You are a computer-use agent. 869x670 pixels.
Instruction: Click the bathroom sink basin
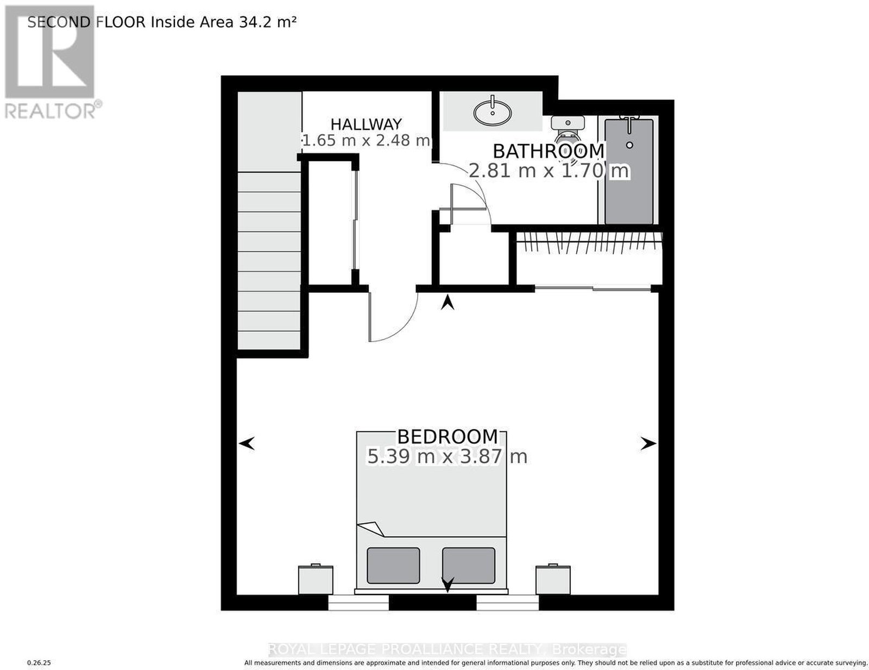click(492, 111)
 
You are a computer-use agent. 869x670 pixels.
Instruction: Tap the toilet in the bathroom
click(568, 132)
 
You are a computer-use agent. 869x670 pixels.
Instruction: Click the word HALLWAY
click(366, 124)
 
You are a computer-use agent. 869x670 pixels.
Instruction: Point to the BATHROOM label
click(549, 151)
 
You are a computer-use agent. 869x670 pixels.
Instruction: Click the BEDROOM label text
click(448, 436)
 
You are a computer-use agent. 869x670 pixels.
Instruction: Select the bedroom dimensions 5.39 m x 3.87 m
click(447, 456)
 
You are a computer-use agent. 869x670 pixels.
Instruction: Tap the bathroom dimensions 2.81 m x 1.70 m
click(549, 171)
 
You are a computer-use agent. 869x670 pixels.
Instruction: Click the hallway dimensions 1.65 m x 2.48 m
click(366, 141)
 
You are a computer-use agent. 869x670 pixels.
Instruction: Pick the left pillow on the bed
click(393, 565)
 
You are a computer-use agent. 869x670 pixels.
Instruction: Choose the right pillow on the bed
click(469, 565)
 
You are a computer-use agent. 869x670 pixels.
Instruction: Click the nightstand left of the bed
click(316, 579)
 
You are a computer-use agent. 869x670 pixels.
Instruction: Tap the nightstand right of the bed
click(553, 579)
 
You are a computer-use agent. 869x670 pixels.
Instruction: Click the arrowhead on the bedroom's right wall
click(648, 443)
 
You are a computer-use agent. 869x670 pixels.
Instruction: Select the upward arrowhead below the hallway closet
click(448, 302)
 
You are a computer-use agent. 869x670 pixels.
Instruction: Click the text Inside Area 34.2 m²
click(224, 22)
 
